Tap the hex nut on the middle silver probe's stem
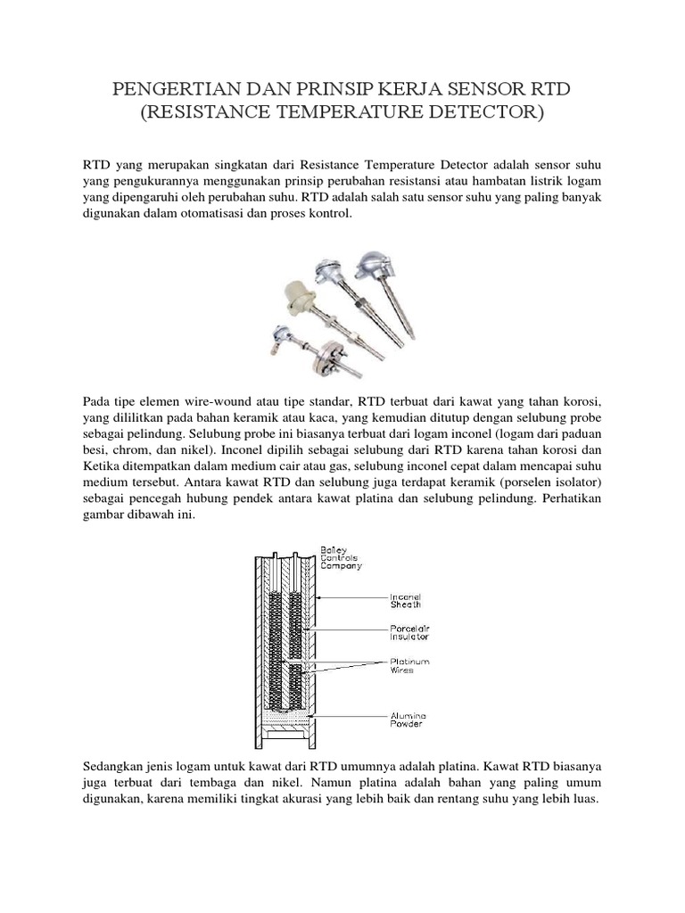coord(354,290)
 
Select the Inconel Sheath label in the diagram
coord(409,600)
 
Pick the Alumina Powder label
coord(408,719)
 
